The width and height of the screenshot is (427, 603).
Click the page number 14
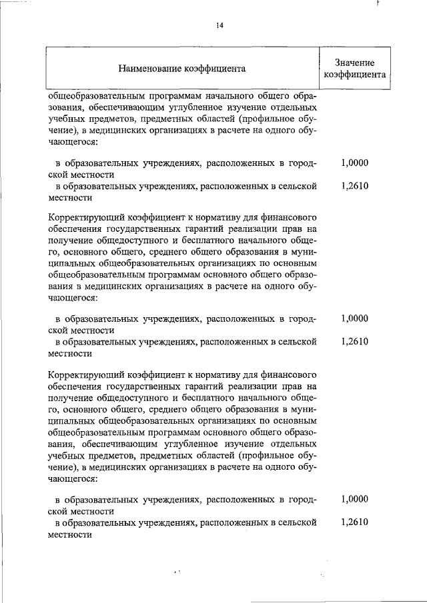pyautogui.click(x=219, y=25)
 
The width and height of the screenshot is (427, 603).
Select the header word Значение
pyautogui.click(x=355, y=61)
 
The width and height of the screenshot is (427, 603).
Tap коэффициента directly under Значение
pyautogui.click(x=355, y=75)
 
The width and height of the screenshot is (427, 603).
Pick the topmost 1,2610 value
pyautogui.click(x=354, y=187)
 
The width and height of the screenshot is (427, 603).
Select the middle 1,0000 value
pyautogui.click(x=354, y=318)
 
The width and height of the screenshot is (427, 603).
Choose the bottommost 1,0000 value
pyautogui.click(x=354, y=498)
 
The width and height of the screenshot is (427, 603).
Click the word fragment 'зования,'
pyautogui.click(x=65, y=107)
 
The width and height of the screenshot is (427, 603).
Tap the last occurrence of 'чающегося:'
pyautogui.click(x=73, y=488)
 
